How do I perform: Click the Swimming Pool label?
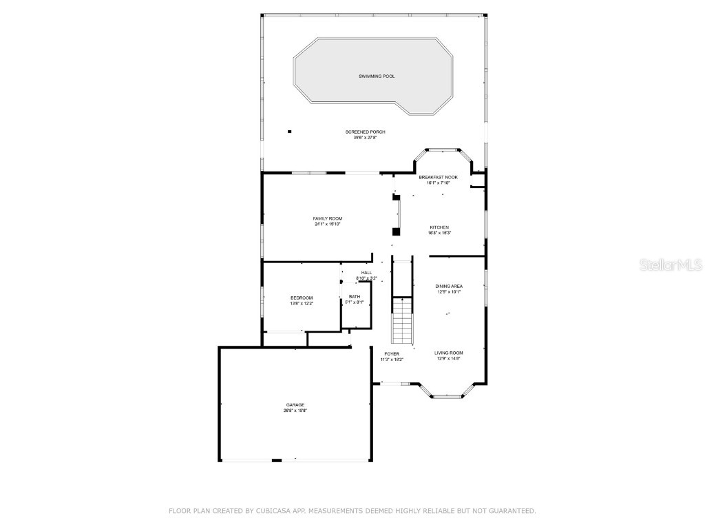pos(377,76)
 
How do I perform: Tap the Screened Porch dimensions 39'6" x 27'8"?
pos(365,138)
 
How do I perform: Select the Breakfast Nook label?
pos(439,177)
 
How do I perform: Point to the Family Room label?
pos(328,218)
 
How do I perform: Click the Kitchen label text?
pos(439,227)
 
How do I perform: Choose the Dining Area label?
pos(449,286)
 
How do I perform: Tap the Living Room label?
pos(449,353)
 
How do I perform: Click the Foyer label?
pos(392,354)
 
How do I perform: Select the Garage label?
pos(295,405)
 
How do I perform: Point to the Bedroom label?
pos(302,298)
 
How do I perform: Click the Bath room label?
pos(354,296)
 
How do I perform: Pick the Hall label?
pos(366,273)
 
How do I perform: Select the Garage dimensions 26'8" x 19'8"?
pos(295,411)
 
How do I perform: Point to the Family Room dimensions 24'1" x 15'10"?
pos(328,224)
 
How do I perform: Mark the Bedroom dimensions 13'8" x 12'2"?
pos(302,303)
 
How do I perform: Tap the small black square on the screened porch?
pos(290,131)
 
